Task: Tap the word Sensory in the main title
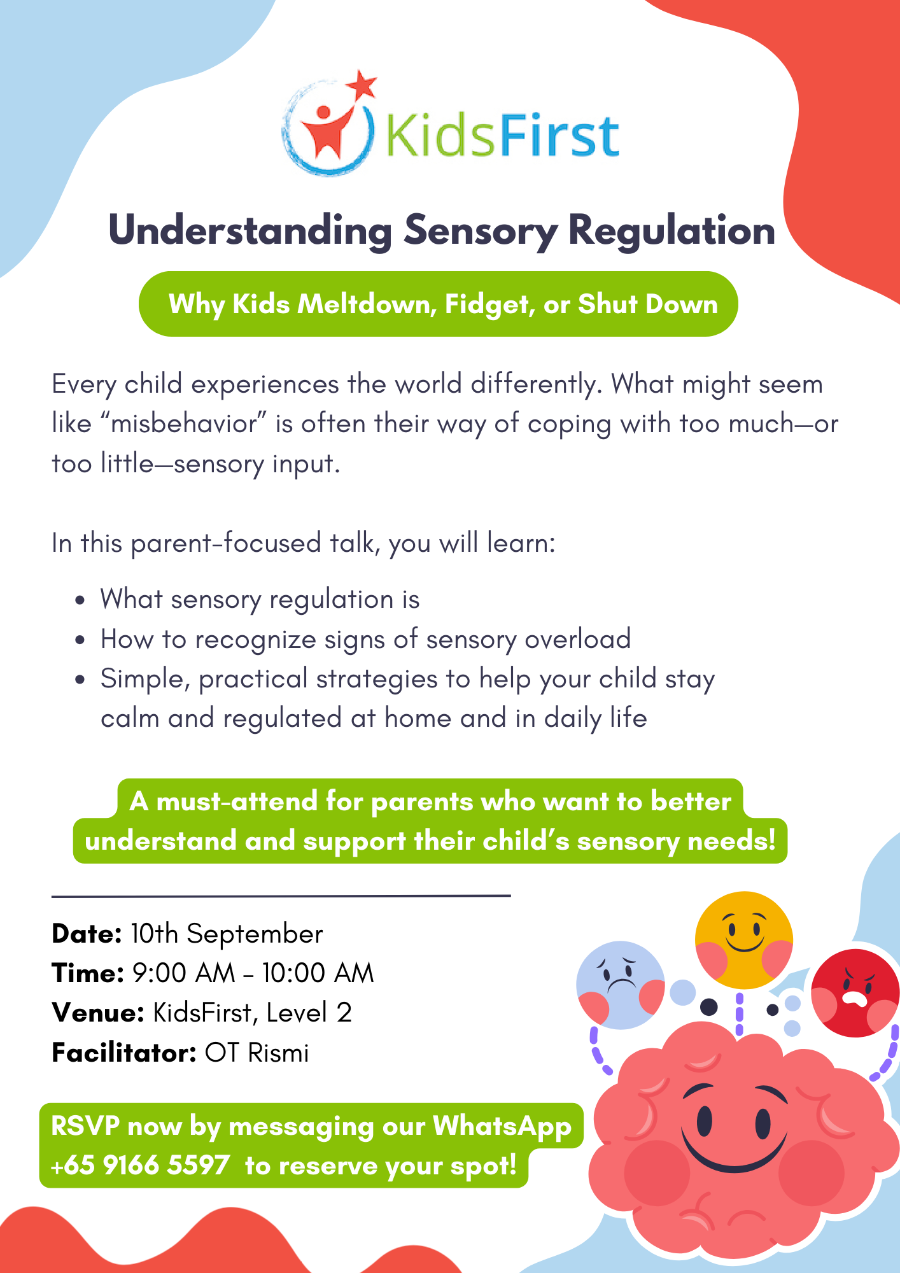pos(481,232)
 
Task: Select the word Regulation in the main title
pos(671,232)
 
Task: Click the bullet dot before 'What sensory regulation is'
pos(80,600)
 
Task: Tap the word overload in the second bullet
pos(577,639)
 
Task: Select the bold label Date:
pos(87,934)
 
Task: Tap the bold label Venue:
pos(98,1013)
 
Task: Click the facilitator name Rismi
pos(278,1053)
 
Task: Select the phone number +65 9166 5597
pos(140,1165)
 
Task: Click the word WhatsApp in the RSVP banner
pos(502,1126)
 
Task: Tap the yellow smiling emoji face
pos(743,940)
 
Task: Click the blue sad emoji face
pos(621,985)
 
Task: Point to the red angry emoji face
pos(855,993)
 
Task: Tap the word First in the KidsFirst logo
pos(558,136)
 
